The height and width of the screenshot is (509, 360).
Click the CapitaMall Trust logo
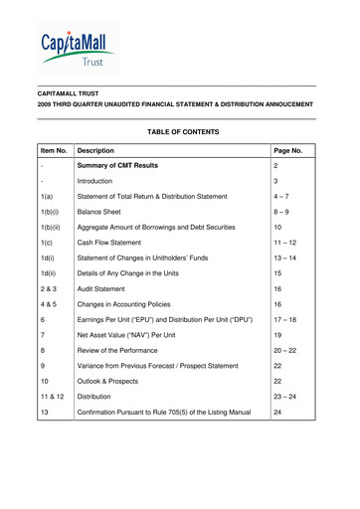pyautogui.click(x=78, y=46)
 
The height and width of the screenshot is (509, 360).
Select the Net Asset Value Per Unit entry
pyautogui.click(x=140, y=406)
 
